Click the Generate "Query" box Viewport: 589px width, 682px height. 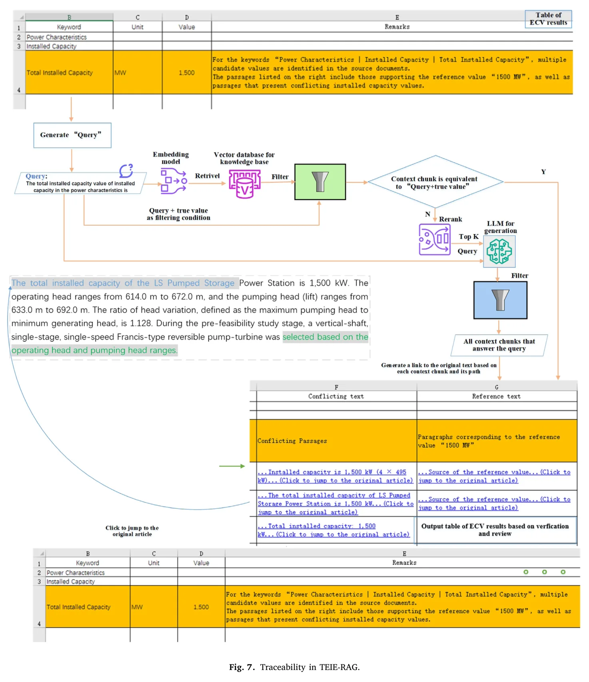pyautogui.click(x=72, y=135)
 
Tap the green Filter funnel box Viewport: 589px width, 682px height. pyautogui.click(x=320, y=182)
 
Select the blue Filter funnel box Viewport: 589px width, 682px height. pyautogui.click(x=500, y=300)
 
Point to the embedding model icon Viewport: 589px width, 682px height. pyautogui.click(x=174, y=181)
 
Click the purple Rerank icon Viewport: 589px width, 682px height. pyautogui.click(x=435, y=239)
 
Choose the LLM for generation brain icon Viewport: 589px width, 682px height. pyautogui.click(x=499, y=251)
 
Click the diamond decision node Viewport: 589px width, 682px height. pyautogui.click(x=435, y=182)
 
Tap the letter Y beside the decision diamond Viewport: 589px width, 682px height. pyautogui.click(x=543, y=172)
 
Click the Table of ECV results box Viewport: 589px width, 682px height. pyautogui.click(x=548, y=19)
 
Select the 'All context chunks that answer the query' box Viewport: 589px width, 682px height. pyautogui.click(x=499, y=345)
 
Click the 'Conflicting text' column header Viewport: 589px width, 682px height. pyautogui.click(x=336, y=396)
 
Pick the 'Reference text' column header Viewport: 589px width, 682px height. pyautogui.click(x=496, y=396)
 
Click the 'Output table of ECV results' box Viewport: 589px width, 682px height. pyautogui.click(x=495, y=530)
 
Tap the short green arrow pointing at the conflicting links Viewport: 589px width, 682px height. pyautogui.click(x=232, y=466)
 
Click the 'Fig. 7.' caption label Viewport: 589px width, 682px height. pyautogui.click(x=242, y=667)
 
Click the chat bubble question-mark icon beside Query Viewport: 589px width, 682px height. pyautogui.click(x=126, y=170)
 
